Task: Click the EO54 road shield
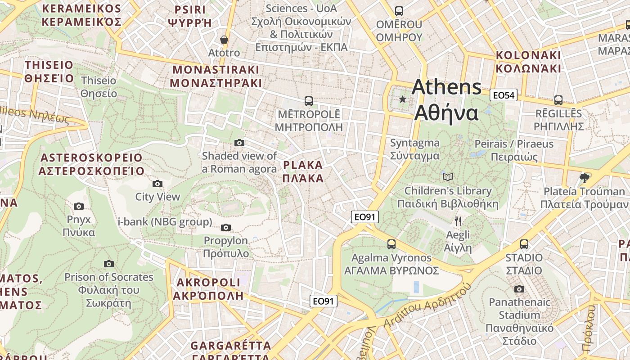[504, 95]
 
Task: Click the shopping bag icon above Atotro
[224, 40]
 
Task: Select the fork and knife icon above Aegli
[458, 221]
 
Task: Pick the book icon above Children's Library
[448, 177]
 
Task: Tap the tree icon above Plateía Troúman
[585, 178]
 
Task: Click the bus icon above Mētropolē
[308, 101]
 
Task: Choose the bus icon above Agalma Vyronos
[391, 244]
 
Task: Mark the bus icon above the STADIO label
[524, 244]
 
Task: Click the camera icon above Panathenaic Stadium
[519, 289]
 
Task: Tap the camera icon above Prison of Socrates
[109, 264]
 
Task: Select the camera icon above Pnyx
[79, 206]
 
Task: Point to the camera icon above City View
[157, 184]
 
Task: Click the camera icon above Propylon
[226, 227]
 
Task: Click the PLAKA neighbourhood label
[303, 171]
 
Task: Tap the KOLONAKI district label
[528, 62]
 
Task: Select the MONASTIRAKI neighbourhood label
[216, 76]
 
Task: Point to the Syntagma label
[414, 149]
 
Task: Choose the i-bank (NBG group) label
[165, 221]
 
